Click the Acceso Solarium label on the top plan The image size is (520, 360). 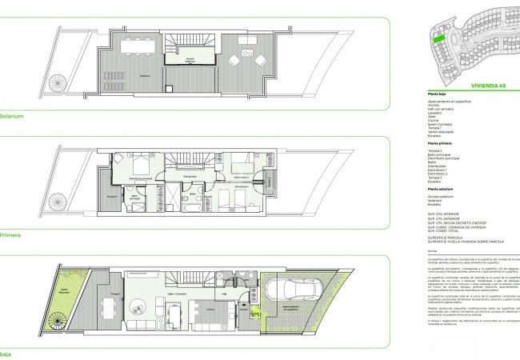coord(190,59)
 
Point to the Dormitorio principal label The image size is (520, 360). coord(141,178)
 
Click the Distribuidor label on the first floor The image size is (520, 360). coord(190,176)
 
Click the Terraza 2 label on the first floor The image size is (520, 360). coord(111,197)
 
